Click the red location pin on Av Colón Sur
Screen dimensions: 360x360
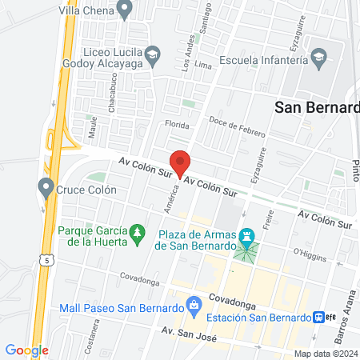181,162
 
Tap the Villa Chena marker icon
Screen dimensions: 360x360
124,10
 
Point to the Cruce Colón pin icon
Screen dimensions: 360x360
45,189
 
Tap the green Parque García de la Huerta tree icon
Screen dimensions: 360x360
138,233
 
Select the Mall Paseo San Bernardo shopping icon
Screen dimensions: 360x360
193,304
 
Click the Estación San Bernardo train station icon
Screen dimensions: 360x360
318,317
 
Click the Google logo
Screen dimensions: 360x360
26,350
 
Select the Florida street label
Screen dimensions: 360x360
176,126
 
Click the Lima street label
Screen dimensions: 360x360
202,63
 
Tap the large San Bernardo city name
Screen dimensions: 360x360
317,106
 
